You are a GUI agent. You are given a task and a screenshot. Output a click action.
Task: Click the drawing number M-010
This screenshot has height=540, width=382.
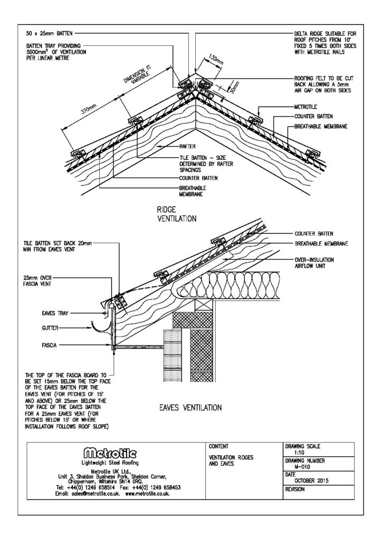click(x=294, y=467)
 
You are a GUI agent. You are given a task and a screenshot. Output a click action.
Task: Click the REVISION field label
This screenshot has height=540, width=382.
click(x=295, y=489)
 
